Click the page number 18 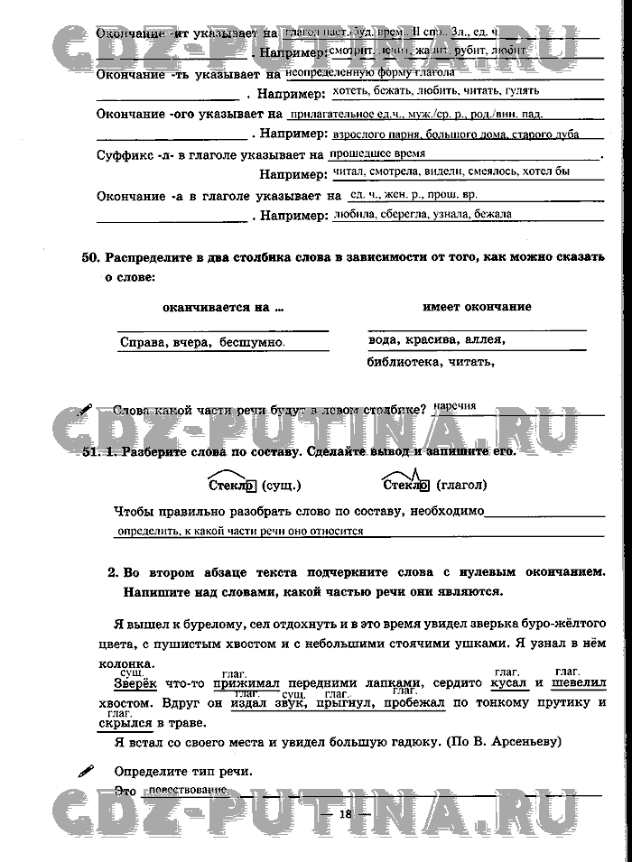pyautogui.click(x=345, y=814)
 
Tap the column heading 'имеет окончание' pyautogui.click(x=477, y=307)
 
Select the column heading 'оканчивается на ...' pyautogui.click(x=223, y=307)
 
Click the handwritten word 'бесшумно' pyautogui.click(x=252, y=343)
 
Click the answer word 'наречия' pyautogui.click(x=454, y=406)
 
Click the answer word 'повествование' pyautogui.click(x=188, y=790)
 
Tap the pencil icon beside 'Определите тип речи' pyautogui.click(x=87, y=771)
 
